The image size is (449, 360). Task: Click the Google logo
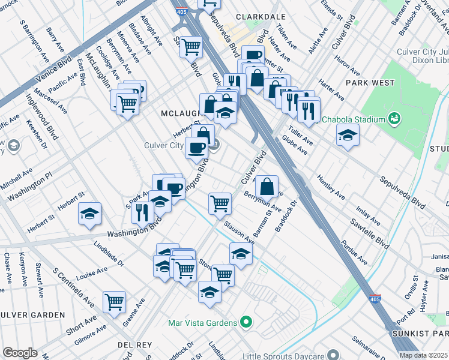[20, 353]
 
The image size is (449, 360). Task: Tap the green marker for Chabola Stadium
[394, 118]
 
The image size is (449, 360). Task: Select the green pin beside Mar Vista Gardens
[245, 323]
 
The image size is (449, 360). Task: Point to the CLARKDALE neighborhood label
[259, 18]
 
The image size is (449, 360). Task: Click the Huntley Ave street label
[331, 186]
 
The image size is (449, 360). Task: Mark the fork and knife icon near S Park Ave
[142, 211]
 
